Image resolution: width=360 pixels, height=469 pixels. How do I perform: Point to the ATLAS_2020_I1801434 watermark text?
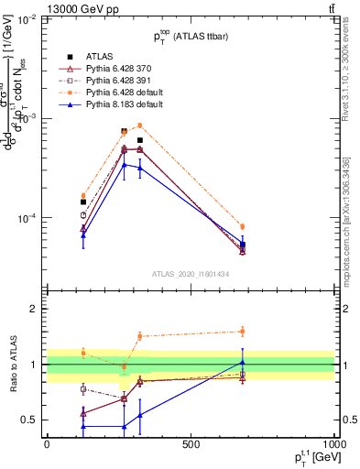(190, 274)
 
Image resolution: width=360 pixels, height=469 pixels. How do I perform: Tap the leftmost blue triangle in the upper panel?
(83, 235)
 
